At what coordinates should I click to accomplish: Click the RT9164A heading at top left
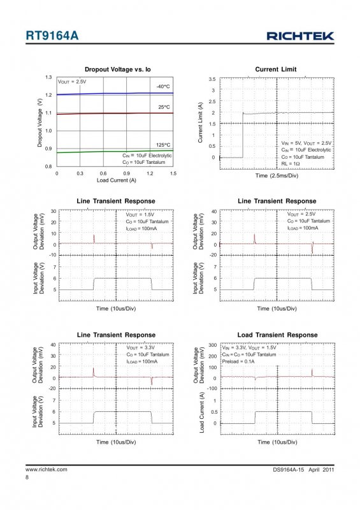(52, 36)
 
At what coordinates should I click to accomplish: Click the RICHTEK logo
(300, 36)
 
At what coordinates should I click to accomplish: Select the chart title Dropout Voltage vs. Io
(118, 69)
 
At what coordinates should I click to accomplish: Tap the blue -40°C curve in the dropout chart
(115, 94)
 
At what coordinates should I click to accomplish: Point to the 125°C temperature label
(163, 145)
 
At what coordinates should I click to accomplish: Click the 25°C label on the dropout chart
(164, 107)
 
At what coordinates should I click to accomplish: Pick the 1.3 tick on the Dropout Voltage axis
(48, 77)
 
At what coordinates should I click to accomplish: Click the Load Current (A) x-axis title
(117, 180)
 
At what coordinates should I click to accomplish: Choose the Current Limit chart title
(276, 69)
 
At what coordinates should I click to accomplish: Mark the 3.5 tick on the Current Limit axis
(212, 79)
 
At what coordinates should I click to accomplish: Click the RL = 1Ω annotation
(291, 164)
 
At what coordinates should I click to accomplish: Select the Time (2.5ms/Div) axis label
(277, 176)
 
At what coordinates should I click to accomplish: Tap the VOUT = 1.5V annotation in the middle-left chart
(140, 215)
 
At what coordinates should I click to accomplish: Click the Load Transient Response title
(277, 335)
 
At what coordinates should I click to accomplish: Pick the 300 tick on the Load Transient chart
(213, 345)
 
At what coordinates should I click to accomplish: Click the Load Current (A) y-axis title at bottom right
(202, 412)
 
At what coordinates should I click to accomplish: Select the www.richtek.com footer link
(47, 469)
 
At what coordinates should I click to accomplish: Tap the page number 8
(27, 477)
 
